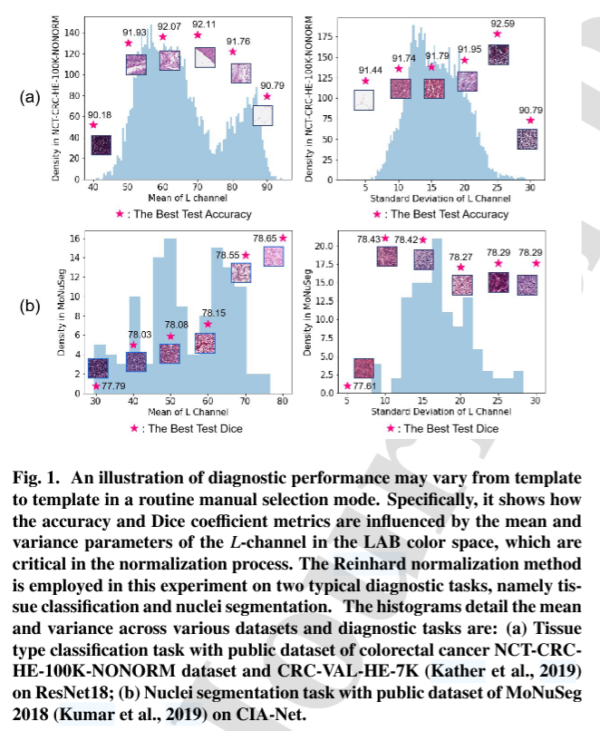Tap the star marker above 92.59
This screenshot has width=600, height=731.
498,34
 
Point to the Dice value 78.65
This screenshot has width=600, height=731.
265,237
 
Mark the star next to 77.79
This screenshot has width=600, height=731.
96,385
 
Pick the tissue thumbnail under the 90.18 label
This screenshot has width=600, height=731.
101,145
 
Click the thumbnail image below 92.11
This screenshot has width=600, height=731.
206,58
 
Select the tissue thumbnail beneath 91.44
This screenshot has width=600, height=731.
364,100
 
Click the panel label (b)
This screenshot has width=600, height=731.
30,306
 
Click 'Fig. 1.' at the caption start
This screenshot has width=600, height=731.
38,478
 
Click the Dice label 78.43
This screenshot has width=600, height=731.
368,239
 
